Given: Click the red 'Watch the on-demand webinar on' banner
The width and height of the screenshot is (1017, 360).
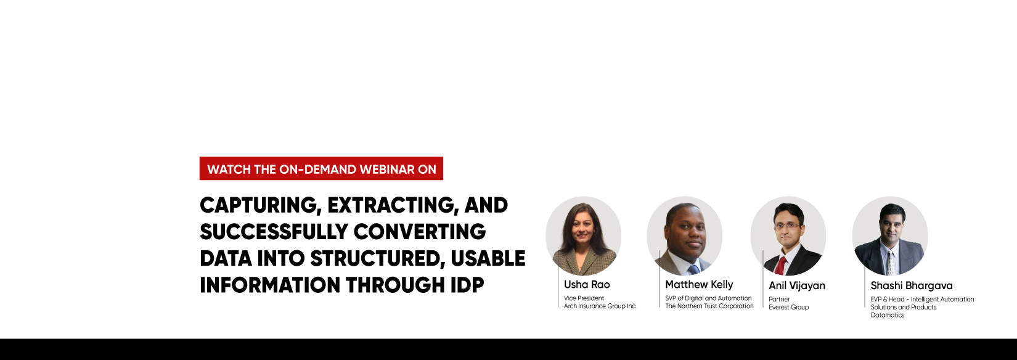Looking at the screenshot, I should click(x=321, y=169).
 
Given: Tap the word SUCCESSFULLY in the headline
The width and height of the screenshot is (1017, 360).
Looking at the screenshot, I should click(x=272, y=232).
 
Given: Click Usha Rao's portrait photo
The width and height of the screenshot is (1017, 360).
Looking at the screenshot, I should click(x=583, y=235).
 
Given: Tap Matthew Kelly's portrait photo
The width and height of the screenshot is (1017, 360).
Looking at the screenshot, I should click(x=684, y=235).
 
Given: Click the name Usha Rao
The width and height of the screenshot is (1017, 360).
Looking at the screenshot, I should click(x=587, y=285).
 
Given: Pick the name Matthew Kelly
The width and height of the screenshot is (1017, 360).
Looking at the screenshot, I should click(x=699, y=285).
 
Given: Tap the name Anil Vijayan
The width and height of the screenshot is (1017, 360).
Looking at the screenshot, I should click(x=796, y=286).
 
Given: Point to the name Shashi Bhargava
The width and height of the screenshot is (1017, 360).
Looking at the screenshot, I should click(x=911, y=286).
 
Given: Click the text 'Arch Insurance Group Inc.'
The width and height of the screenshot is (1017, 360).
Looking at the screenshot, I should click(x=600, y=306).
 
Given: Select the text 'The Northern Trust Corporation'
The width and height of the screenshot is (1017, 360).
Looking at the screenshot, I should click(x=709, y=306).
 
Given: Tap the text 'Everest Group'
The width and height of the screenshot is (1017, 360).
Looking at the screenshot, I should click(x=788, y=308).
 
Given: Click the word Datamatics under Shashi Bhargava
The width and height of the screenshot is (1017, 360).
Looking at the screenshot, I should click(x=887, y=316).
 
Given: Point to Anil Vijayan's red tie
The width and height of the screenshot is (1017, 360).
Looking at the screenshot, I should click(x=780, y=266).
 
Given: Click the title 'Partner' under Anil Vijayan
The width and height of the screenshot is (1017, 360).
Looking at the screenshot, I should click(x=779, y=300).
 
